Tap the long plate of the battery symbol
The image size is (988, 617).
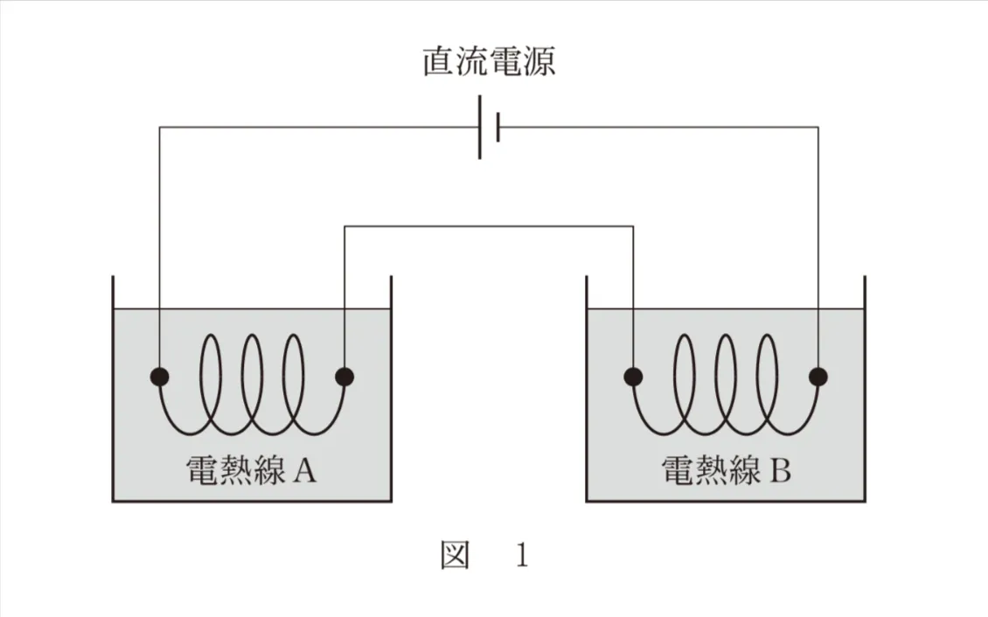[x=480, y=128]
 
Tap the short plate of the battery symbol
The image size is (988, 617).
[x=497, y=128]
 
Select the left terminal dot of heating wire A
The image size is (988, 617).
[x=159, y=377]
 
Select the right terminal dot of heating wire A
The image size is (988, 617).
[x=345, y=377]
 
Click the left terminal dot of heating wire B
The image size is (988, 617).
[x=633, y=377]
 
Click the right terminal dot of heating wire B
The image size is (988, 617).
[x=818, y=377]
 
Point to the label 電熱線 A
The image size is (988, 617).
[x=251, y=472]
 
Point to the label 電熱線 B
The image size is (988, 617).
[x=726, y=472]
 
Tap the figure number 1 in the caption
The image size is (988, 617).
[x=522, y=557]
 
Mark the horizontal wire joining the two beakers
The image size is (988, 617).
[x=489, y=227]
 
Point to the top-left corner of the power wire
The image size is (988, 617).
[x=159, y=128]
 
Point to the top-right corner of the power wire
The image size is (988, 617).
[x=818, y=128]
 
